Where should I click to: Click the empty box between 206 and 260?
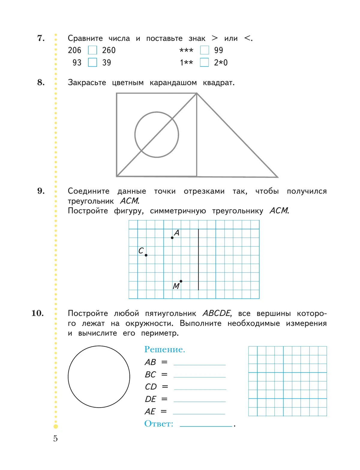[x=92, y=50]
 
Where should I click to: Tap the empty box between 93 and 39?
[x=92, y=62]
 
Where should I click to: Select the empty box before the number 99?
[x=204, y=50]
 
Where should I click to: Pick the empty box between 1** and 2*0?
[x=204, y=62]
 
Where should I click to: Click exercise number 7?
[x=41, y=38]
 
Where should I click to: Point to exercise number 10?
[x=37, y=313]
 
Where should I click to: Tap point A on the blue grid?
[x=172, y=238]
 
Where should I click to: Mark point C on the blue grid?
[x=146, y=255]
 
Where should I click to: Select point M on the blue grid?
[x=181, y=281]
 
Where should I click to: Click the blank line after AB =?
[x=199, y=363]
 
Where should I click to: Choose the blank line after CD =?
[x=200, y=387]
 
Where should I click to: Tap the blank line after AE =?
[x=199, y=412]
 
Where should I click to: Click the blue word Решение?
[x=164, y=349]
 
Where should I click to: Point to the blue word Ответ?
[x=159, y=424]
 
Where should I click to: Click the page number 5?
[x=55, y=439]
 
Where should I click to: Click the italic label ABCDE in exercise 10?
[x=217, y=313]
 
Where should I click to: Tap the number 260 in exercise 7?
[x=109, y=50]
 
